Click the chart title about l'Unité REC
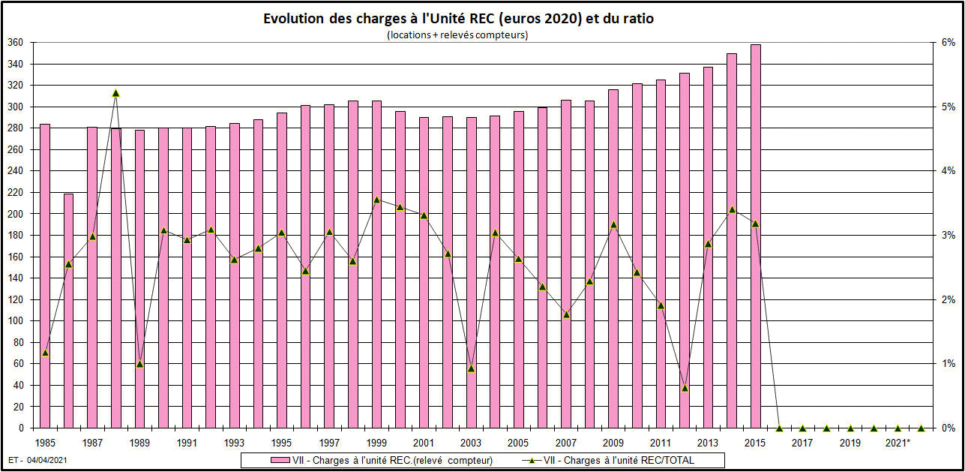(x=458, y=19)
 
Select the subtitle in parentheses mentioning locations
(x=457, y=35)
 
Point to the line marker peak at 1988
(x=116, y=93)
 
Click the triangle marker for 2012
(x=685, y=388)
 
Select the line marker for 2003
(x=471, y=368)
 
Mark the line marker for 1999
(x=377, y=200)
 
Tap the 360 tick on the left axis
(x=15, y=43)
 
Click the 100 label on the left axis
(x=15, y=321)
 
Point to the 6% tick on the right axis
(x=948, y=43)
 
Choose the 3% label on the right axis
(x=948, y=236)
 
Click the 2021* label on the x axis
(x=898, y=443)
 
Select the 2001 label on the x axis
(x=424, y=443)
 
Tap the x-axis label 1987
(x=92, y=443)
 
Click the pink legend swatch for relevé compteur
(x=260, y=460)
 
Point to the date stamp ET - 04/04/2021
(x=34, y=458)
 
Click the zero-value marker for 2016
(x=779, y=428)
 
